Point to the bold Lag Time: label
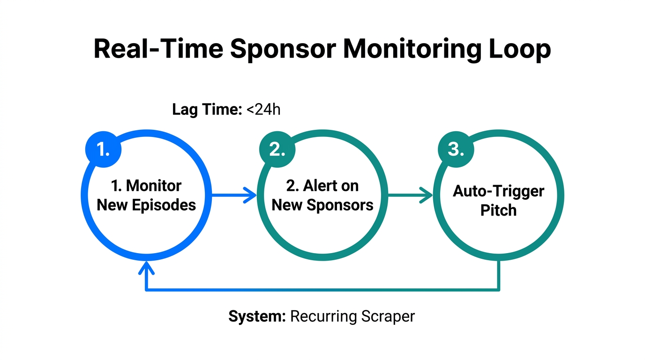click(207, 110)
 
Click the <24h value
click(262, 110)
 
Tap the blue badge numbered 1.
click(103, 150)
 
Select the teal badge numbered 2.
click(277, 150)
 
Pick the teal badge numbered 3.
click(455, 150)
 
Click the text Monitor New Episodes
click(146, 195)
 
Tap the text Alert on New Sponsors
click(322, 195)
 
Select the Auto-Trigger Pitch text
click(498, 201)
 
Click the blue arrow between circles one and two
click(234, 195)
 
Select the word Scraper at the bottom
click(388, 316)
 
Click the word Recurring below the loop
click(323, 316)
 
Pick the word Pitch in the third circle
click(498, 210)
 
